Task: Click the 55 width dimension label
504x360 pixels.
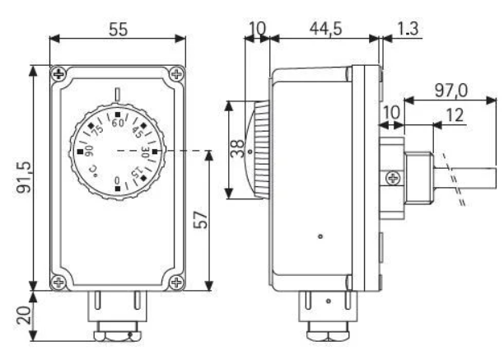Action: [119, 29]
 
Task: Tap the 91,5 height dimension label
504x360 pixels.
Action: [25, 177]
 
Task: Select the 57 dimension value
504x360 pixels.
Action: [201, 219]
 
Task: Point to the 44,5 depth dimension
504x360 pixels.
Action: [325, 28]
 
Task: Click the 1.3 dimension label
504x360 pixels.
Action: [408, 28]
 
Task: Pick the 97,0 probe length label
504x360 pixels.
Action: [451, 91]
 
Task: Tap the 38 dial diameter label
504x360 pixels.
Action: [238, 148]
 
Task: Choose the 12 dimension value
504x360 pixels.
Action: [455, 115]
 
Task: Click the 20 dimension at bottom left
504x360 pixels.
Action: [25, 316]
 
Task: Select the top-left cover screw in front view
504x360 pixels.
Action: [58, 74]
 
